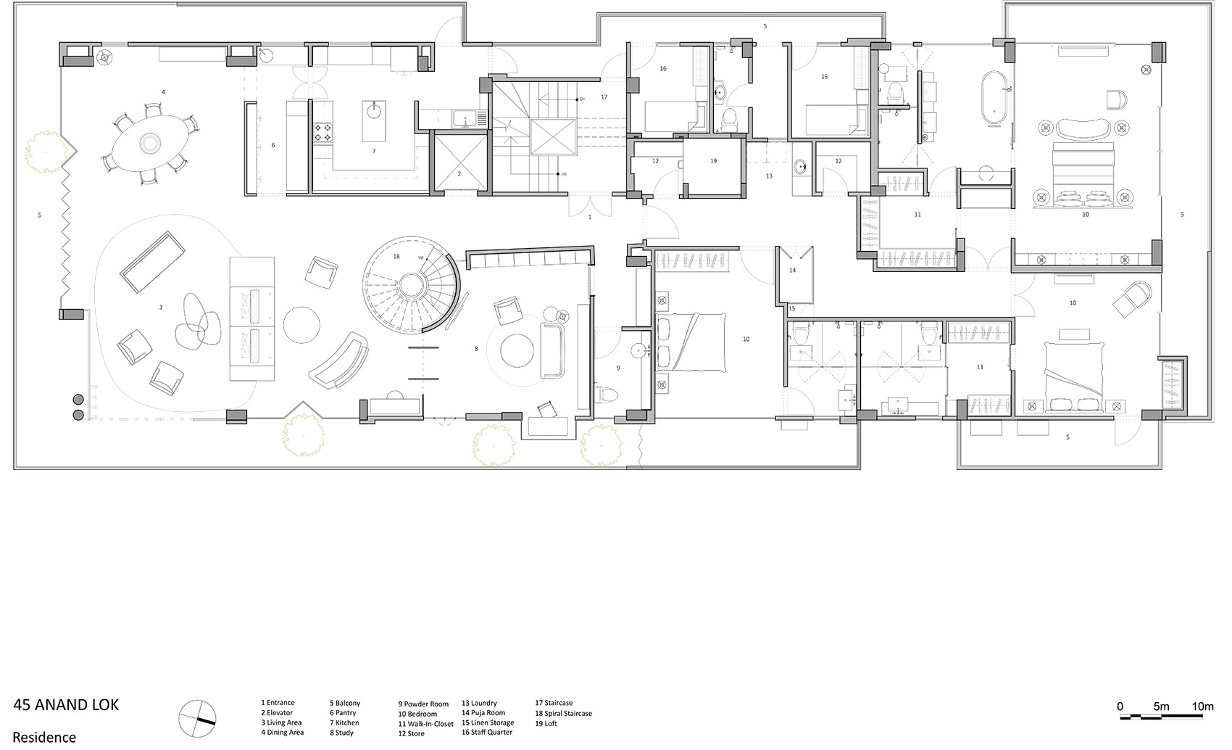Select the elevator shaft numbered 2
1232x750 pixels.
click(x=459, y=161)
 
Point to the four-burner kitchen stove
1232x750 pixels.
click(x=322, y=131)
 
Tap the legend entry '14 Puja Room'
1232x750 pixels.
click(x=483, y=713)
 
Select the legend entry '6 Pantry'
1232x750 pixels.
click(x=343, y=713)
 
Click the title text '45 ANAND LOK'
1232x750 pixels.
click(x=66, y=705)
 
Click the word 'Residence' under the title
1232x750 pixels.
click(x=44, y=737)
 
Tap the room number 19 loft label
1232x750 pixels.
click(x=713, y=161)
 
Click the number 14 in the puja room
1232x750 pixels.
click(x=792, y=271)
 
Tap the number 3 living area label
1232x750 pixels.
click(x=161, y=308)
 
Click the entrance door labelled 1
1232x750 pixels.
click(x=589, y=208)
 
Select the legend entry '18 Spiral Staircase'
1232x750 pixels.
click(x=563, y=713)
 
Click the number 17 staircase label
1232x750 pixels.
click(x=604, y=96)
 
